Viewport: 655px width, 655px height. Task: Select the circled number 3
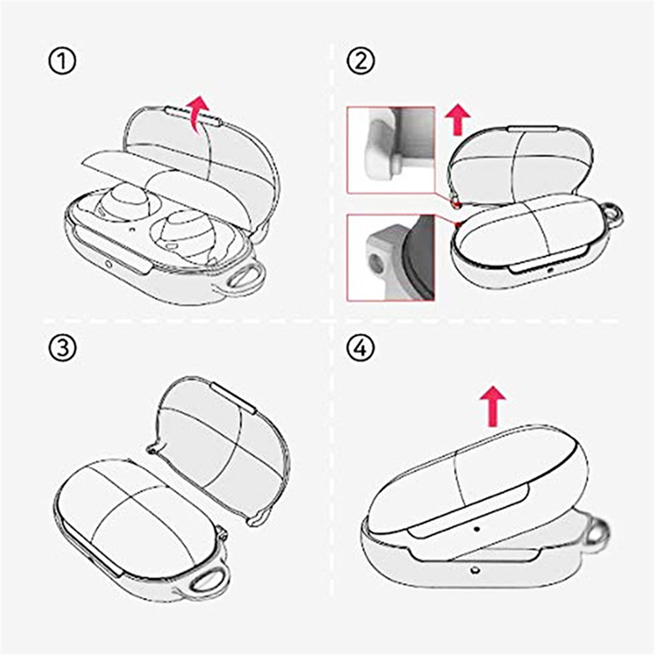click(62, 348)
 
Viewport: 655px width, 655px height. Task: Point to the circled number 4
click(361, 348)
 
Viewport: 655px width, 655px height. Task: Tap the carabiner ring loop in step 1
click(245, 279)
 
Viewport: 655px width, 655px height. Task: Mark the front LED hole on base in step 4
click(473, 571)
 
